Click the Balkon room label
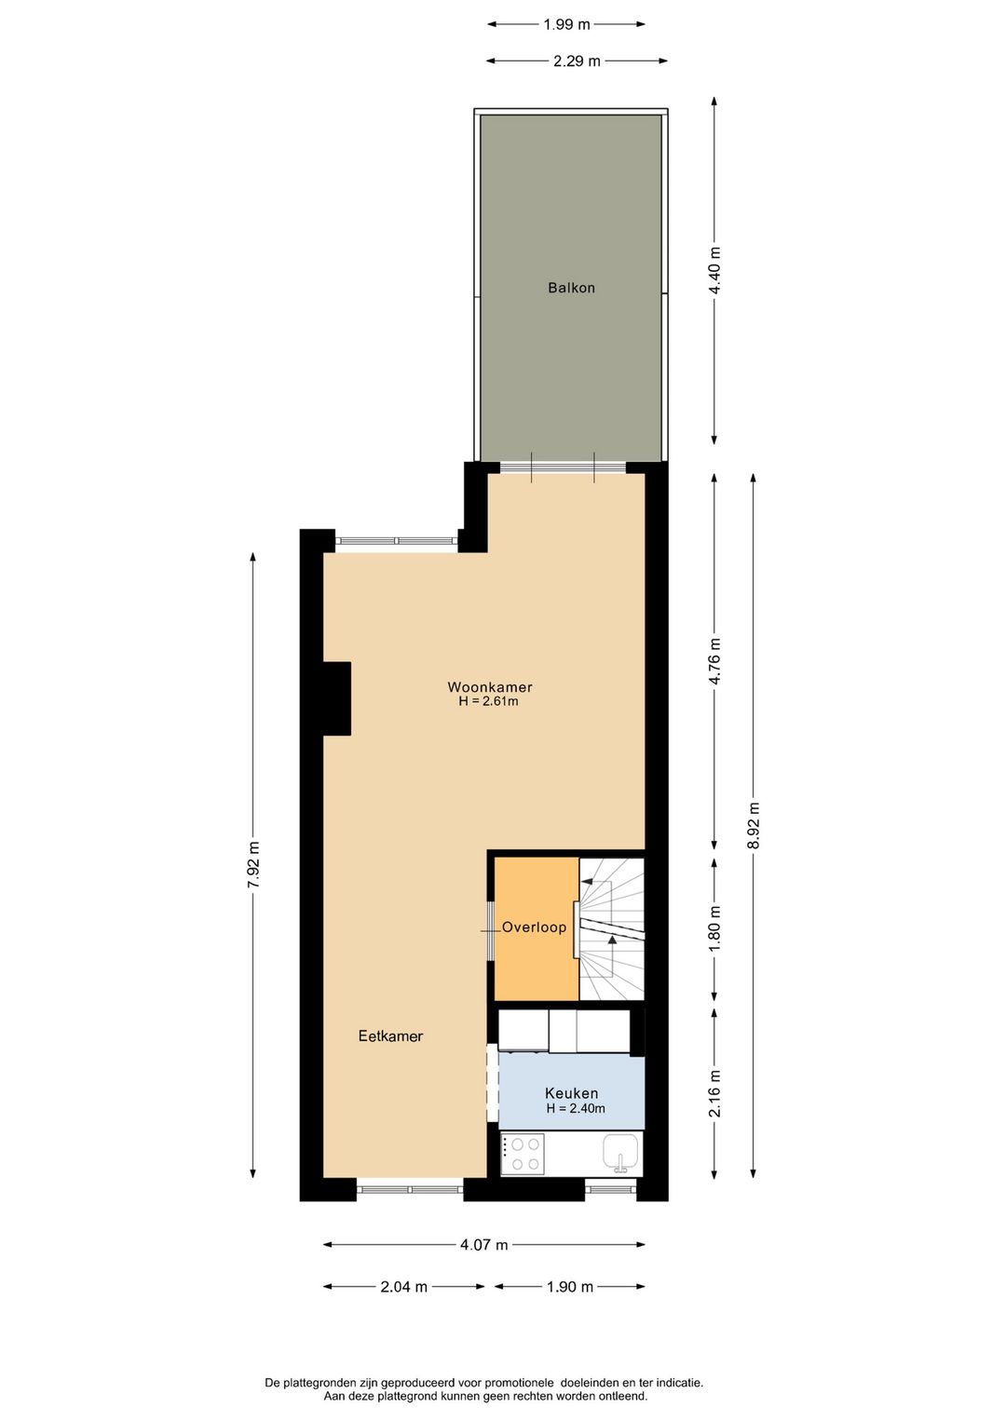[x=571, y=288]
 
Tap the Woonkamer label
[x=489, y=687]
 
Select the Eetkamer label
[x=390, y=1035]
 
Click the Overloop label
[x=534, y=927]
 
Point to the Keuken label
[x=571, y=1093]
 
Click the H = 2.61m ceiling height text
[x=488, y=701]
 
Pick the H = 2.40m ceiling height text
[x=576, y=1108]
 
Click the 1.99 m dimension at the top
[x=566, y=25]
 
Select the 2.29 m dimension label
[x=577, y=61]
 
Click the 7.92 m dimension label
[x=253, y=865]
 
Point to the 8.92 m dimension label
[x=754, y=825]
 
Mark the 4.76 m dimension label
[x=714, y=661]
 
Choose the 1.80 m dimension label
[x=714, y=928]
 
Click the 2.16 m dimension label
[x=714, y=1094]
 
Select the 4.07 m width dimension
[x=483, y=1245]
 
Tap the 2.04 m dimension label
[x=404, y=1287]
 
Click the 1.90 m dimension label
[x=569, y=1287]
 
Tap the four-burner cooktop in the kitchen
[x=523, y=1154]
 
